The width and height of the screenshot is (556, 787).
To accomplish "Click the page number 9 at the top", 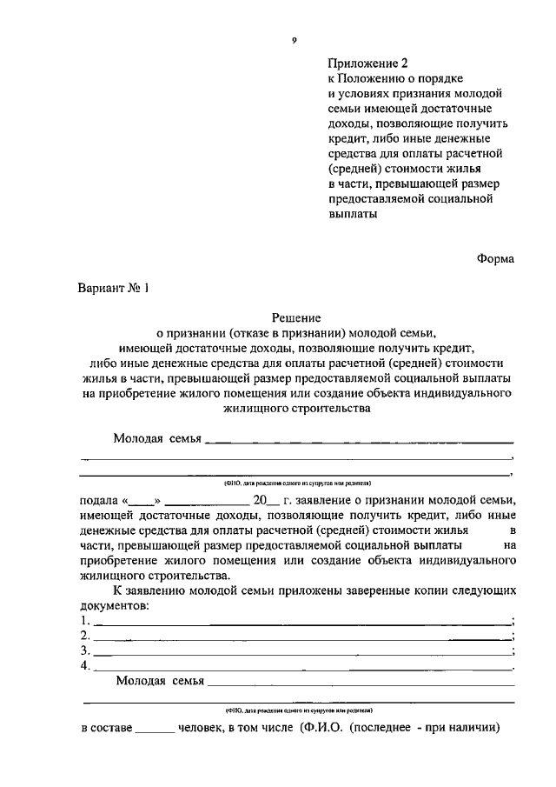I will pos(295,40).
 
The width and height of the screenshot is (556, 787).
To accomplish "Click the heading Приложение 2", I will pos(367,63).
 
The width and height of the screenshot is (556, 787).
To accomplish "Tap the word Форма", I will pos(495,258).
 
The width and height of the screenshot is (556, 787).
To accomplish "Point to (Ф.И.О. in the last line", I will pos(321,726).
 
